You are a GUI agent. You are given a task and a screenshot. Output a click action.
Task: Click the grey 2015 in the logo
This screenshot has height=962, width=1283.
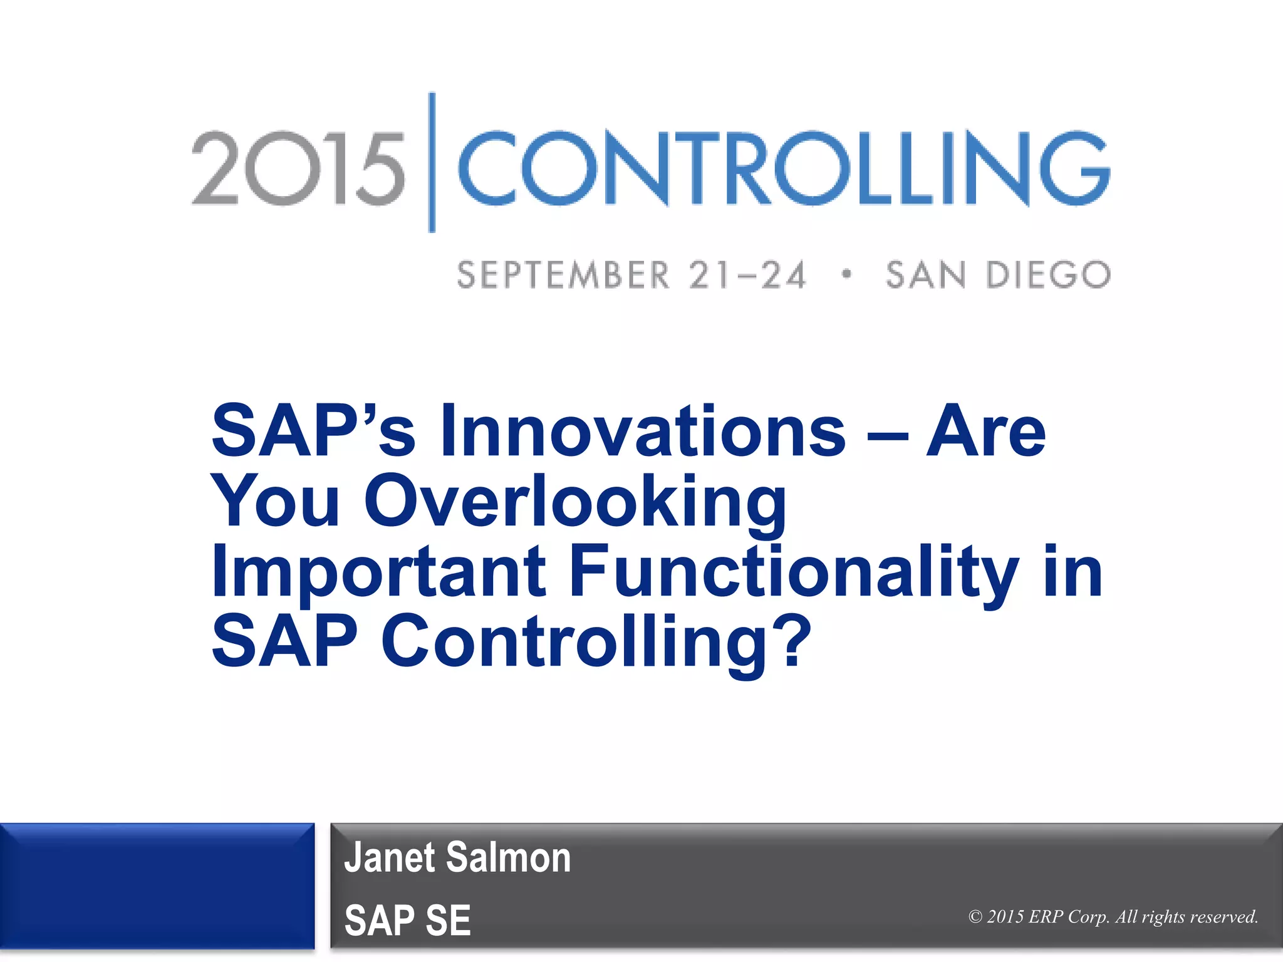(298, 168)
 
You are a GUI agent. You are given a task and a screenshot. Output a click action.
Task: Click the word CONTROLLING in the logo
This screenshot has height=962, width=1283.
(783, 168)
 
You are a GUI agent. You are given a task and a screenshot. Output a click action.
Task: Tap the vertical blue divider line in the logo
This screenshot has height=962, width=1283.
(432, 163)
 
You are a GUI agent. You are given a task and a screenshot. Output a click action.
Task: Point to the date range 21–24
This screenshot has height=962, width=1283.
(747, 276)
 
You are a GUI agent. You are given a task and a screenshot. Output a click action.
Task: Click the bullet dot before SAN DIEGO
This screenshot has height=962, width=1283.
(847, 274)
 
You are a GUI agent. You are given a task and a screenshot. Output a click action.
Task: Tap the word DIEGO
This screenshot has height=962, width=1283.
(1048, 276)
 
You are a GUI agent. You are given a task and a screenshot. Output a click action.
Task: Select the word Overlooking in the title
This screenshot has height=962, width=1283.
(574, 502)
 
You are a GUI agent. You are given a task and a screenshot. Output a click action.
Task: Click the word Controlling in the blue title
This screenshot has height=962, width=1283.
(574, 641)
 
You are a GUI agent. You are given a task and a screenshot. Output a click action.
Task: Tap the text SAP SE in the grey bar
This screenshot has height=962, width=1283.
(407, 920)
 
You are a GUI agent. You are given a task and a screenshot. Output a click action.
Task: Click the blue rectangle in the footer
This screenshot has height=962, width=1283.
(157, 886)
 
